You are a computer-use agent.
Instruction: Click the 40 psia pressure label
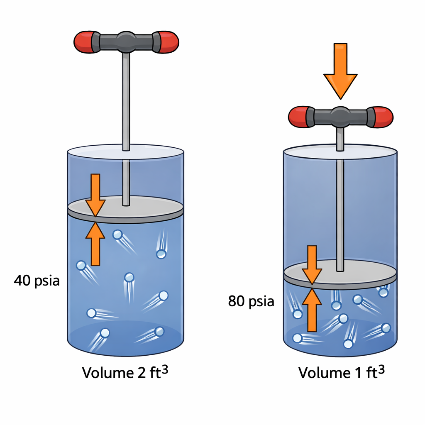[x=37, y=281]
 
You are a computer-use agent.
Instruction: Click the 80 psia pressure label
[x=251, y=301]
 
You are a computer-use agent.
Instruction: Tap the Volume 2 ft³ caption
[x=125, y=372]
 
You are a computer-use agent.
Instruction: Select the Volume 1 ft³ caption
[x=342, y=372]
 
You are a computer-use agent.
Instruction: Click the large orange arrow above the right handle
[x=340, y=71]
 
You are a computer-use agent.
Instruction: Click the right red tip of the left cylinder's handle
[x=169, y=42]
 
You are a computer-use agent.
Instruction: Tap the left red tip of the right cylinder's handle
[x=298, y=117]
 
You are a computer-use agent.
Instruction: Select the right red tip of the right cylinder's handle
[x=383, y=117]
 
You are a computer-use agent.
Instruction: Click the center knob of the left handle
[x=126, y=42]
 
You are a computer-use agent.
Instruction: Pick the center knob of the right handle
[x=340, y=117]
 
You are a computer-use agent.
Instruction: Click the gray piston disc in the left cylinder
[x=125, y=209]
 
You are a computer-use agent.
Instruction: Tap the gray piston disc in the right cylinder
[x=340, y=274]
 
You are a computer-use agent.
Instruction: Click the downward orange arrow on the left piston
[x=95, y=195]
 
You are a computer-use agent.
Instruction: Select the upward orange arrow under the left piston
[x=95, y=244]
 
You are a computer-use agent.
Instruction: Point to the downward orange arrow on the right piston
[x=312, y=265]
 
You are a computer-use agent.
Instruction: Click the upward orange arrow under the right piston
[x=312, y=310]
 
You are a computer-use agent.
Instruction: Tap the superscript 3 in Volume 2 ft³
[x=164, y=369]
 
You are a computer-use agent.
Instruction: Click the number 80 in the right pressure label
[x=237, y=301]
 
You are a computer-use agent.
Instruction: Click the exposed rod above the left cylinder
[x=126, y=101]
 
